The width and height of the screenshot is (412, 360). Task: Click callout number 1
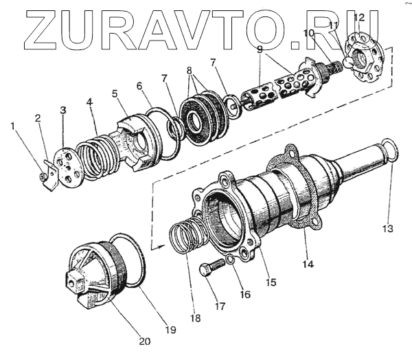12,126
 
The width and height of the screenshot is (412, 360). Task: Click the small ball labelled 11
349,60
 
